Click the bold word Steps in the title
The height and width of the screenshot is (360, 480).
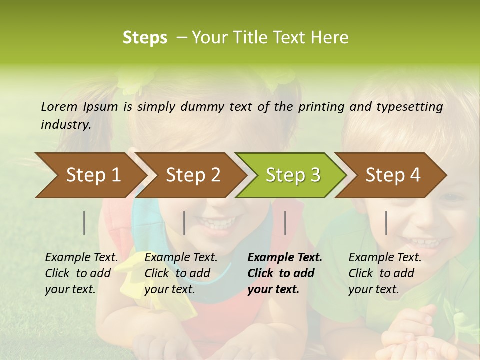tap(145, 38)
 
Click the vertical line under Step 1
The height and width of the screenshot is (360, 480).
tap(84, 223)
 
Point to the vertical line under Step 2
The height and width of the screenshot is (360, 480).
tap(184, 223)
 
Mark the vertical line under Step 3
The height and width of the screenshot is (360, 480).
tap(285, 223)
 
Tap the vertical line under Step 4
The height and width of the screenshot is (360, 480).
tap(386, 223)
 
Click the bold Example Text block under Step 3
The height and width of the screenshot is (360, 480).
tap(285, 273)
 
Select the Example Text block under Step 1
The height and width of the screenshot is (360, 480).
tap(81, 273)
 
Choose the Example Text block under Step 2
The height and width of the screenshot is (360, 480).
tap(181, 273)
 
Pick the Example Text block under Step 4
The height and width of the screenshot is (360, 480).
tap(385, 273)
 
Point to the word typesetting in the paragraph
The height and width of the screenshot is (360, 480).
tap(409, 106)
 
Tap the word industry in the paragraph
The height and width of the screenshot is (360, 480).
tap(65, 125)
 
